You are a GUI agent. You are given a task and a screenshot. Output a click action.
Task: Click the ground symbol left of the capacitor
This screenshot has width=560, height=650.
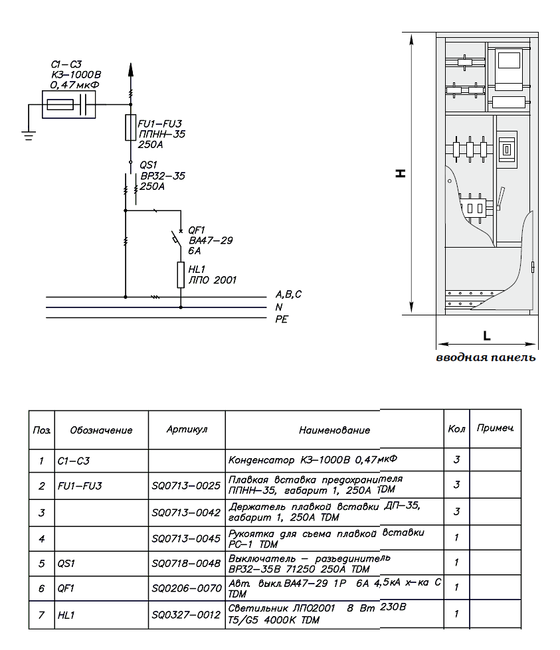click(27, 134)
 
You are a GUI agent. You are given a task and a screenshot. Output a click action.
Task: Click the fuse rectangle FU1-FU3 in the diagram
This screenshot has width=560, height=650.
click(130, 127)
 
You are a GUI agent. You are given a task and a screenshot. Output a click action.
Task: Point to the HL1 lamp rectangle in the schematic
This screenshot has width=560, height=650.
click(180, 274)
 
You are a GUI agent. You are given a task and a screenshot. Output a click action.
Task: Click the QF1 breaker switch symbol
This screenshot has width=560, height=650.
click(176, 237)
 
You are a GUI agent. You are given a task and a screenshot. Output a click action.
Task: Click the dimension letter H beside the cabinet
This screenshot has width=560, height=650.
click(400, 173)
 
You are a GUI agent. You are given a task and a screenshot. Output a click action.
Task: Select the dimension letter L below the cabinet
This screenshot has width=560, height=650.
click(487, 335)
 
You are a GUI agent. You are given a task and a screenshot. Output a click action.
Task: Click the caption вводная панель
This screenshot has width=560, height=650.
click(486, 358)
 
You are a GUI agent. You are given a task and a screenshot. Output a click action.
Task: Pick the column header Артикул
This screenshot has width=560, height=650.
click(187, 430)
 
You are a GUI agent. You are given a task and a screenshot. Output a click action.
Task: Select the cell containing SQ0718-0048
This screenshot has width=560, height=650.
click(186, 563)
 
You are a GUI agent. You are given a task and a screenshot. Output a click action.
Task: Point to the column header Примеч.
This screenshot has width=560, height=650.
click(495, 429)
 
